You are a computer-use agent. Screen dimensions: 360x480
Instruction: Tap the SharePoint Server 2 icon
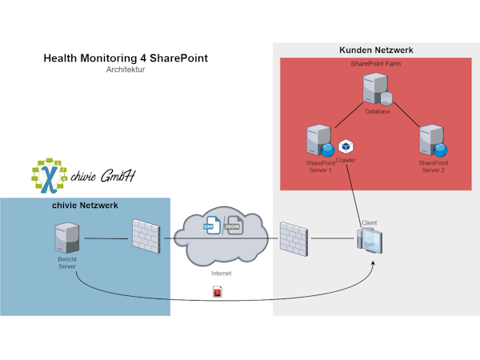click(x=433, y=140)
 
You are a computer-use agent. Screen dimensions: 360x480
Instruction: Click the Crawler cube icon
click(x=346, y=146)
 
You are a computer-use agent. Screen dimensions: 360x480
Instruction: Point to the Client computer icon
click(x=369, y=242)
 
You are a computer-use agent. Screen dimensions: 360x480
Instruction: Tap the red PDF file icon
click(x=217, y=293)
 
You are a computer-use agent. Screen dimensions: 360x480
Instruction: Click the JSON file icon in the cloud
click(x=234, y=226)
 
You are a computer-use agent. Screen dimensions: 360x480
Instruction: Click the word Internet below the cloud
click(x=221, y=273)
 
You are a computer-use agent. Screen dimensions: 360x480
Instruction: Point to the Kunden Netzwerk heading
click(x=376, y=50)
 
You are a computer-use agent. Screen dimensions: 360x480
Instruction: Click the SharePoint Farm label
click(x=376, y=63)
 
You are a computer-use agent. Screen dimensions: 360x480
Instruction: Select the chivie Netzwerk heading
click(x=85, y=206)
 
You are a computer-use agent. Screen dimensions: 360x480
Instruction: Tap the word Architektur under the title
click(x=125, y=70)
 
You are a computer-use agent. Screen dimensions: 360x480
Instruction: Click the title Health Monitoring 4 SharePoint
click(x=125, y=58)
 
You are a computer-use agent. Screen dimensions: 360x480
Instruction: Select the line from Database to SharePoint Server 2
click(x=404, y=114)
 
